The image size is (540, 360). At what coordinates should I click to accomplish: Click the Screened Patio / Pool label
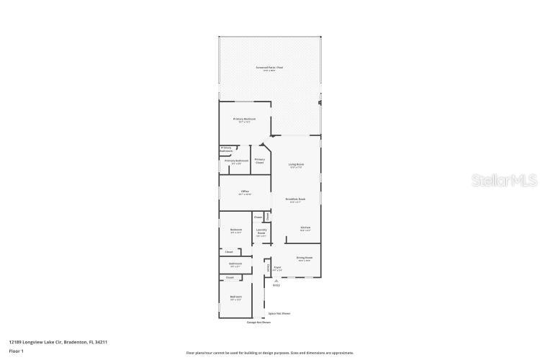click(x=269, y=68)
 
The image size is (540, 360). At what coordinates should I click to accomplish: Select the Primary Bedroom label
click(x=244, y=120)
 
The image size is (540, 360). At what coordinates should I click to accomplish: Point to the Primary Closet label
click(x=259, y=161)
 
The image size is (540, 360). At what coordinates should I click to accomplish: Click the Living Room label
click(x=296, y=166)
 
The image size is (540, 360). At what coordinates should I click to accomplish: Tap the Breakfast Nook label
click(x=295, y=199)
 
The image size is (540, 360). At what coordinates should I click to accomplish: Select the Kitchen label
click(x=305, y=228)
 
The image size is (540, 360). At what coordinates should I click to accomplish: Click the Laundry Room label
click(x=261, y=232)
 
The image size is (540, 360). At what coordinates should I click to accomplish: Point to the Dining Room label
click(x=304, y=258)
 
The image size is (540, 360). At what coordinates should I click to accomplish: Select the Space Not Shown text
click(x=279, y=313)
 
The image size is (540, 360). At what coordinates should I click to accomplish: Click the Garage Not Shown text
click(x=258, y=322)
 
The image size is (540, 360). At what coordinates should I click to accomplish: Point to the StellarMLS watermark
click(x=504, y=180)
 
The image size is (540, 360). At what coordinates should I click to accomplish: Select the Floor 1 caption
click(x=16, y=351)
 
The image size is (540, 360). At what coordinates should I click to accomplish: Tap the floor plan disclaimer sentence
click(x=269, y=353)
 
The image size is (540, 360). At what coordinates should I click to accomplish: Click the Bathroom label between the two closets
click(x=236, y=265)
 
